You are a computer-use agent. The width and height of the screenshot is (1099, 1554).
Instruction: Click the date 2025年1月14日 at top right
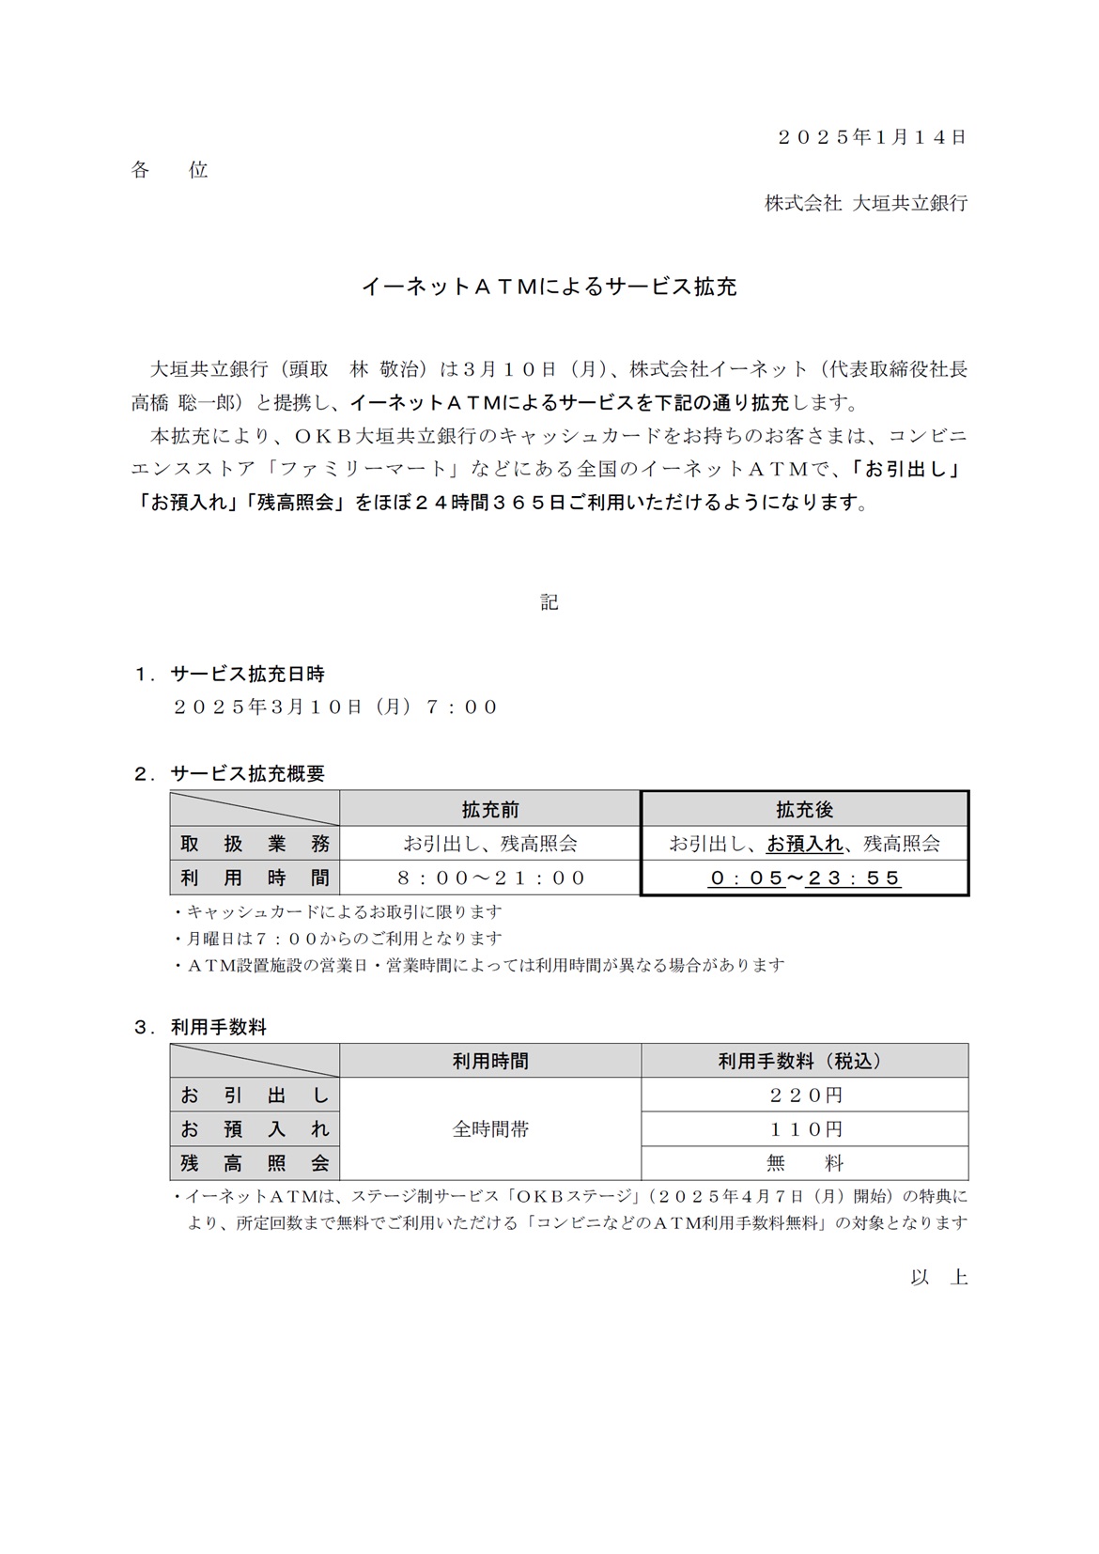pyautogui.click(x=873, y=137)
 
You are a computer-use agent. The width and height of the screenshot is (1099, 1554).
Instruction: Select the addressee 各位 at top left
pyautogui.click(x=169, y=170)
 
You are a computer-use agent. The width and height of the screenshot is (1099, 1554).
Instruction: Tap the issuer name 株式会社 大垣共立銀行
pyautogui.click(x=865, y=203)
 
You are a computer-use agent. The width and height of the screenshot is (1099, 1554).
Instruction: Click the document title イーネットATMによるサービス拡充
pyautogui.click(x=549, y=287)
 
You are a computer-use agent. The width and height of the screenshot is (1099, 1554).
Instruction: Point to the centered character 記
pyautogui.click(x=549, y=602)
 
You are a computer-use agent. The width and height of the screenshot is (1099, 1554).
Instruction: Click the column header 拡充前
pyautogui.click(x=490, y=809)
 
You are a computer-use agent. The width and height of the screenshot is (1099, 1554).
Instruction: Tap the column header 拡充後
pyautogui.click(x=804, y=809)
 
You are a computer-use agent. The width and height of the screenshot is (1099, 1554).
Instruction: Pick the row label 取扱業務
pyautogui.click(x=255, y=844)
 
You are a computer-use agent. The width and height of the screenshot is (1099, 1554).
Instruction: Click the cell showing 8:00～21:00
pyautogui.click(x=490, y=878)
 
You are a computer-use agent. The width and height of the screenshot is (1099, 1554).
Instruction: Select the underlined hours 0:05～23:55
pyautogui.click(x=804, y=878)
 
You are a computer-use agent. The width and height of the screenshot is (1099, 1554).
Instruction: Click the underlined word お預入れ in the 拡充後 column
pyautogui.click(x=804, y=844)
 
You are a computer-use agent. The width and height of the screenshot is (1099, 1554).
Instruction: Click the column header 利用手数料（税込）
pyautogui.click(x=804, y=1061)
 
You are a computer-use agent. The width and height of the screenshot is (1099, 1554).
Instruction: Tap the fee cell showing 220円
pyautogui.click(x=804, y=1095)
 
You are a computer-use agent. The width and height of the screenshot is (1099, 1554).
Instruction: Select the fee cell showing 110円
pyautogui.click(x=804, y=1129)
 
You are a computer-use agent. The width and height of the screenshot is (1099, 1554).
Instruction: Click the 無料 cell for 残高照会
pyautogui.click(x=804, y=1164)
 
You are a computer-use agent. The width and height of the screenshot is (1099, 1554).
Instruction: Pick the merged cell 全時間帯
pyautogui.click(x=490, y=1129)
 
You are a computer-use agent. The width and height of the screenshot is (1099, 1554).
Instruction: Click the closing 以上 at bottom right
pyautogui.click(x=938, y=1278)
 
